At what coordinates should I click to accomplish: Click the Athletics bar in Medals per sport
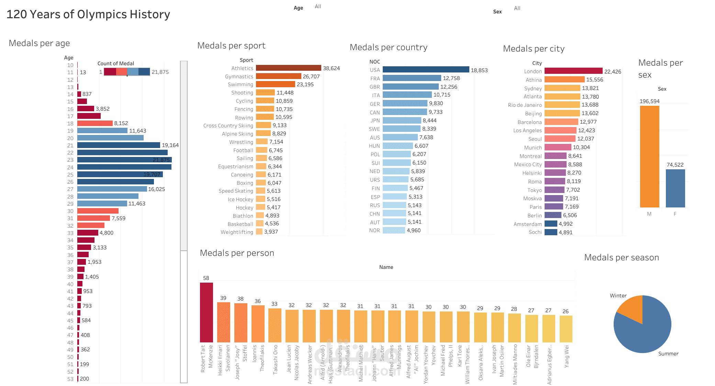[288, 68]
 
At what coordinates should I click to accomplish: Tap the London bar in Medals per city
[573, 71]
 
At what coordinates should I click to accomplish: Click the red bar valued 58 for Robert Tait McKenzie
[206, 312]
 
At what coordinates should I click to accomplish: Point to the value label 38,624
[331, 68]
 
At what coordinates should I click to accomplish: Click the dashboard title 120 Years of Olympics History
[88, 14]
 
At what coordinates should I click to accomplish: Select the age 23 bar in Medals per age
[124, 160]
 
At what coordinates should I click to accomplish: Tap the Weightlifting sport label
[237, 232]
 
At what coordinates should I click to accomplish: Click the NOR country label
[374, 230]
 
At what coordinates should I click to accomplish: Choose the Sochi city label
[535, 232]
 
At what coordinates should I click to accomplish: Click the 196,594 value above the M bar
[649, 101]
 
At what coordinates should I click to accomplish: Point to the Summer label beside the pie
[668, 354]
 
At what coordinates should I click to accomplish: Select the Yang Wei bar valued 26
[566, 329]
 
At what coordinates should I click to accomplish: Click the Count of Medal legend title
[115, 64]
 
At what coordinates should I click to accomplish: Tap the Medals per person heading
[237, 253]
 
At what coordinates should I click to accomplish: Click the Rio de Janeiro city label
[525, 105]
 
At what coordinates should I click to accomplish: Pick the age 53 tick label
[70, 379]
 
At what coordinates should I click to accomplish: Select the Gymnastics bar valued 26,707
[278, 76]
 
